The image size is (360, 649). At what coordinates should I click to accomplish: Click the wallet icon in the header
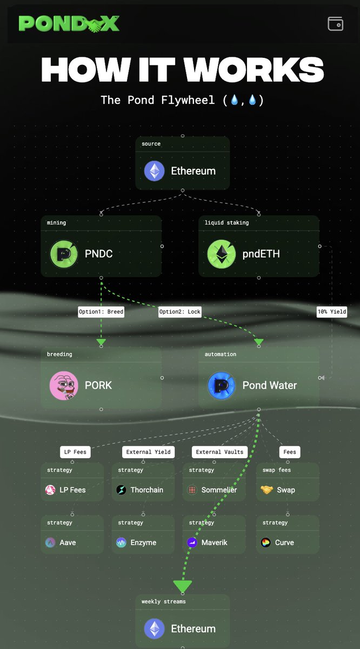pyautogui.click(x=335, y=23)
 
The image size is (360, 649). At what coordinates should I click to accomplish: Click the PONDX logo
pyautogui.click(x=69, y=23)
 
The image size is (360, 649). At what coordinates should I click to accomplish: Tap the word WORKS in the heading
pyautogui.click(x=254, y=69)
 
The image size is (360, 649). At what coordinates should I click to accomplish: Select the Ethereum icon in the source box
pyautogui.click(x=155, y=171)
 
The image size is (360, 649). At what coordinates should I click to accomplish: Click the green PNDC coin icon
pyautogui.click(x=64, y=254)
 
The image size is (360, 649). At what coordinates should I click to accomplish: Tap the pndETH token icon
pyautogui.click(x=222, y=254)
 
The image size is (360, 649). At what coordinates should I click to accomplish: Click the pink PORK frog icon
pyautogui.click(x=64, y=386)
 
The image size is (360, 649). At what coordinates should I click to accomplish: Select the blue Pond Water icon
pyautogui.click(x=222, y=386)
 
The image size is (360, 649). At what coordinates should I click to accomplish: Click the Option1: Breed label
pyautogui.click(x=101, y=312)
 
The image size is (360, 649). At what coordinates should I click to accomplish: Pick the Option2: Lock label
pyautogui.click(x=180, y=312)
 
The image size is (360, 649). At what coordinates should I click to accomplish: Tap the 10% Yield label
pyautogui.click(x=332, y=312)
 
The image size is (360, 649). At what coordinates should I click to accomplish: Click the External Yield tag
pyautogui.click(x=148, y=452)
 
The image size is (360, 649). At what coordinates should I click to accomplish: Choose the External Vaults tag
pyautogui.click(x=219, y=452)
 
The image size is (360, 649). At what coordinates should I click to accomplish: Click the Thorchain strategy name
pyautogui.click(x=147, y=490)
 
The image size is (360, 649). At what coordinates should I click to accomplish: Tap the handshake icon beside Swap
pyautogui.click(x=266, y=489)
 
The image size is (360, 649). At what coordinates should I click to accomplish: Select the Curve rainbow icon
pyautogui.click(x=265, y=542)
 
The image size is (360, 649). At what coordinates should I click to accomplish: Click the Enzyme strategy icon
pyautogui.click(x=121, y=542)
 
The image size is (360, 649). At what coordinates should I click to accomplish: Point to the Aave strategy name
pyautogui.click(x=68, y=542)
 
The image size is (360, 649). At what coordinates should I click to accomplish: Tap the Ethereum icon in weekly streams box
pyautogui.click(x=155, y=628)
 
